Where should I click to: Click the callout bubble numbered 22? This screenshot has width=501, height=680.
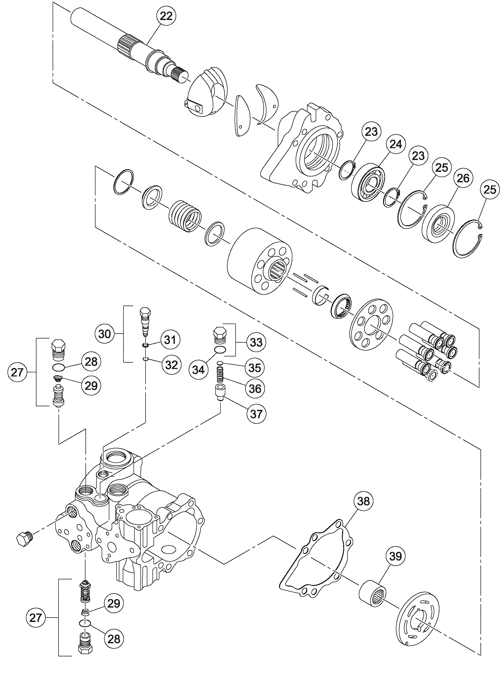pos(166,16)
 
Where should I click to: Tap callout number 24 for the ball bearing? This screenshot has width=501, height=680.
pos(395,144)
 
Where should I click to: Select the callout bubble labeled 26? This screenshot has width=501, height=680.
pos(463,178)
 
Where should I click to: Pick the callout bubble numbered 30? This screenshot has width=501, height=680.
pos(105,334)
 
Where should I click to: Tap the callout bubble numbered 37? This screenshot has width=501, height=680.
pos(256,413)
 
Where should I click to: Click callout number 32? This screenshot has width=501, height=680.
pos(171,364)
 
